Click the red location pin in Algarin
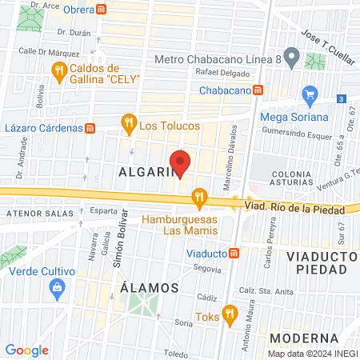point(180,162)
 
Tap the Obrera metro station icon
point(101,10)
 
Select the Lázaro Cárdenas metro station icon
point(90,127)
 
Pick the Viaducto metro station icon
point(234,253)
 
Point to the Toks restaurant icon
point(230,313)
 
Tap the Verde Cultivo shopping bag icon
point(56,291)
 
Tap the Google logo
point(27,350)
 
